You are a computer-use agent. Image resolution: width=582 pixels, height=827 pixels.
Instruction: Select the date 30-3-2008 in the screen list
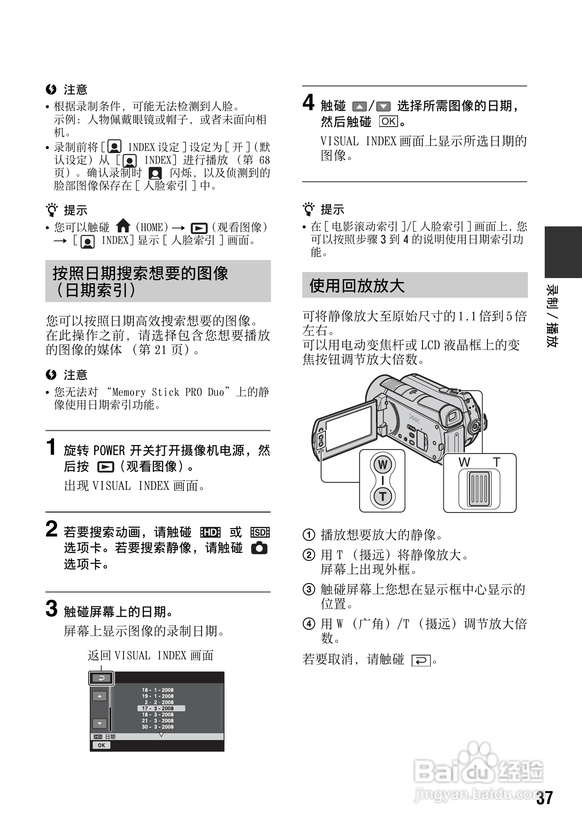point(158,727)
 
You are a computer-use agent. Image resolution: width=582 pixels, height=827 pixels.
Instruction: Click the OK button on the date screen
point(101,745)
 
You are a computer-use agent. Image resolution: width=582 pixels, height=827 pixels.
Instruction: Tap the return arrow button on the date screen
point(101,678)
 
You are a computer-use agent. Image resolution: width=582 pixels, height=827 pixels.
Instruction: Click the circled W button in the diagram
point(382,465)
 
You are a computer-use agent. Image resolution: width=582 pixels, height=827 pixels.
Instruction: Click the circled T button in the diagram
point(382,496)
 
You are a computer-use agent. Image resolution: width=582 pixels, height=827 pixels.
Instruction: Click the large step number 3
point(52,609)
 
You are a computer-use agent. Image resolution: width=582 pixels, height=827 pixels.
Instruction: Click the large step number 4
point(308,103)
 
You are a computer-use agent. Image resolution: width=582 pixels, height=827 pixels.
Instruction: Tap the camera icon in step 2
point(259,548)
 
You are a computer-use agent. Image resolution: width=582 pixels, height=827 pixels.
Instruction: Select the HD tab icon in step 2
point(210,532)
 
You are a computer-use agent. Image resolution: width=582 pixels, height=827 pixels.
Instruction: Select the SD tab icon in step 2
point(260,532)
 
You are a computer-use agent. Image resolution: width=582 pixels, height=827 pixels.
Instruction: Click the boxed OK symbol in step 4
point(388,121)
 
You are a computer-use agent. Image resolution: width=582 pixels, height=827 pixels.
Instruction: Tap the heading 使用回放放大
point(357,286)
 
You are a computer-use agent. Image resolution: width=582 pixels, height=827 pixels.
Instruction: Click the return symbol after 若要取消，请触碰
point(420,660)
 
